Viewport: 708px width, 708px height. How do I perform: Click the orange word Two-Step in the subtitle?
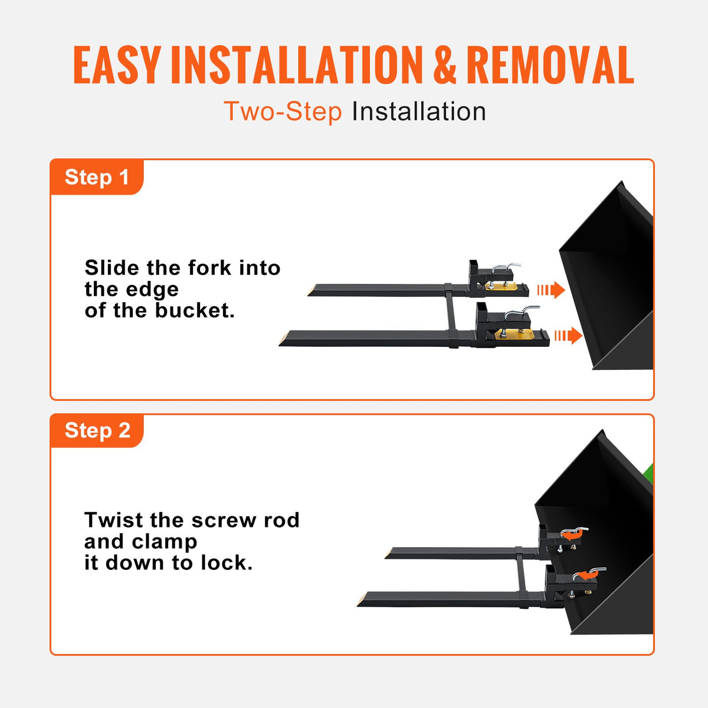tap(283, 112)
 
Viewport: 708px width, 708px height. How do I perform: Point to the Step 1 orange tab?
tap(97, 177)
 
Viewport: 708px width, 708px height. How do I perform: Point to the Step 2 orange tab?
tap(97, 431)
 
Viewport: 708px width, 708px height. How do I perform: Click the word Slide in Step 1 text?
tap(113, 268)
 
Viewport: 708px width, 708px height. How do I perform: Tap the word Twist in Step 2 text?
tap(114, 520)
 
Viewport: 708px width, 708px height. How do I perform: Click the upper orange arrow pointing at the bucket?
tap(551, 290)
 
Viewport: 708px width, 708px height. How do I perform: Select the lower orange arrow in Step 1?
tap(568, 336)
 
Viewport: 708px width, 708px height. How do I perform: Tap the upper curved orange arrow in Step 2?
tap(573, 534)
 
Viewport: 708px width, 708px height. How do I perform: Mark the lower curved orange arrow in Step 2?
tap(585, 573)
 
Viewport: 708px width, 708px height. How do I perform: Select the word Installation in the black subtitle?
tap(419, 112)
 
